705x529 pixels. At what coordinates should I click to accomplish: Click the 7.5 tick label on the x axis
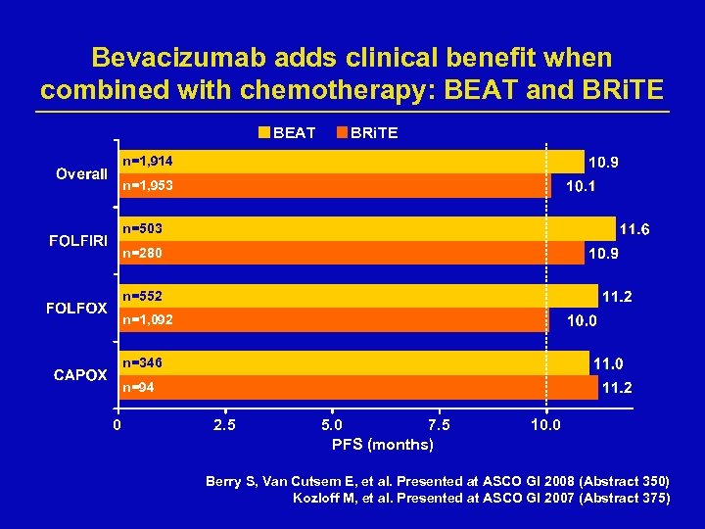tap(439, 425)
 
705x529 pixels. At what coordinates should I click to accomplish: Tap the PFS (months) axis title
tap(383, 445)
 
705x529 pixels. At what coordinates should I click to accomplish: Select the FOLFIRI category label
tap(78, 241)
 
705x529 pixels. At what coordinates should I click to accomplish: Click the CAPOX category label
tap(80, 375)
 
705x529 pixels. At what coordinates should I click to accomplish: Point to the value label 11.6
tap(635, 229)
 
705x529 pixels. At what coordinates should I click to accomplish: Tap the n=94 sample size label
tap(138, 388)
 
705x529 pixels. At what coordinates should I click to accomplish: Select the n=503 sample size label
tap(142, 228)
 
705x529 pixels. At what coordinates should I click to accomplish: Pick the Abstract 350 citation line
tap(438, 481)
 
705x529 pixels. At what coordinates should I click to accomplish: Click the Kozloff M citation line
tap(482, 498)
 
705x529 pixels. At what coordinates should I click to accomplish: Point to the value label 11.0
tap(611, 362)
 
